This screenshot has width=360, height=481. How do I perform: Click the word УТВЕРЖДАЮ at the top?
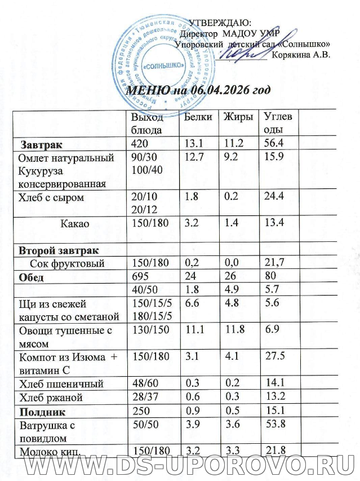pos(219,23)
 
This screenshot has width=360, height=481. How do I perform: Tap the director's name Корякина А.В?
pos(300,55)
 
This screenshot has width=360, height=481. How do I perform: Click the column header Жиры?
pos(237,117)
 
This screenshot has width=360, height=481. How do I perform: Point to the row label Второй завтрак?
pos(59,250)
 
